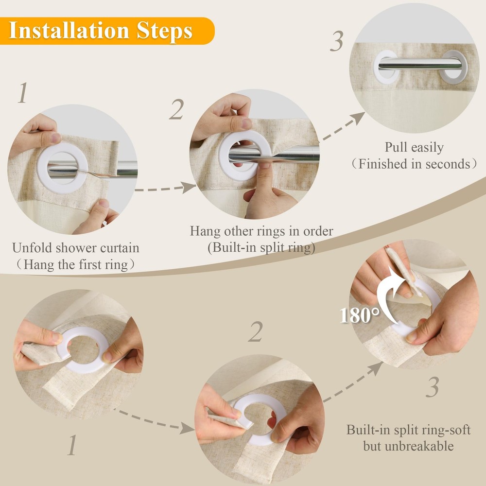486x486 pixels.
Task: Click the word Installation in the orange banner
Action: tap(69, 30)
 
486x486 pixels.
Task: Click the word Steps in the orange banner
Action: tap(165, 31)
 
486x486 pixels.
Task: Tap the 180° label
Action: tap(360, 315)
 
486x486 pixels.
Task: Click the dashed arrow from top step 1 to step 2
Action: tap(166, 188)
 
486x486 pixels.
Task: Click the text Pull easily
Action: tap(414, 147)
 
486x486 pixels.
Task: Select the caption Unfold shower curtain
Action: tap(76, 248)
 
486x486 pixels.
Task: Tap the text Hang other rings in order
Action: tap(261, 231)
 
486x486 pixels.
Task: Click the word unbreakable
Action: tap(408, 446)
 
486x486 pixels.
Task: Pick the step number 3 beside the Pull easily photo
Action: tap(337, 41)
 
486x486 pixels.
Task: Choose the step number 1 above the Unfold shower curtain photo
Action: tap(23, 92)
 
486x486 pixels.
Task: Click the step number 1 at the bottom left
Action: tap(72, 445)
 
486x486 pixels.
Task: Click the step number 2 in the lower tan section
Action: tap(256, 331)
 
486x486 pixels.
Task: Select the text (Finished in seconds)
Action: tap(414, 164)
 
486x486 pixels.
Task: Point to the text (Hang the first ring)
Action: tap(76, 264)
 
